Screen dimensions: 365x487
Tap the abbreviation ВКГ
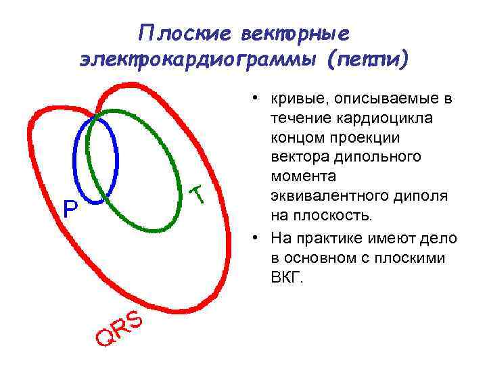tap(287, 277)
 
